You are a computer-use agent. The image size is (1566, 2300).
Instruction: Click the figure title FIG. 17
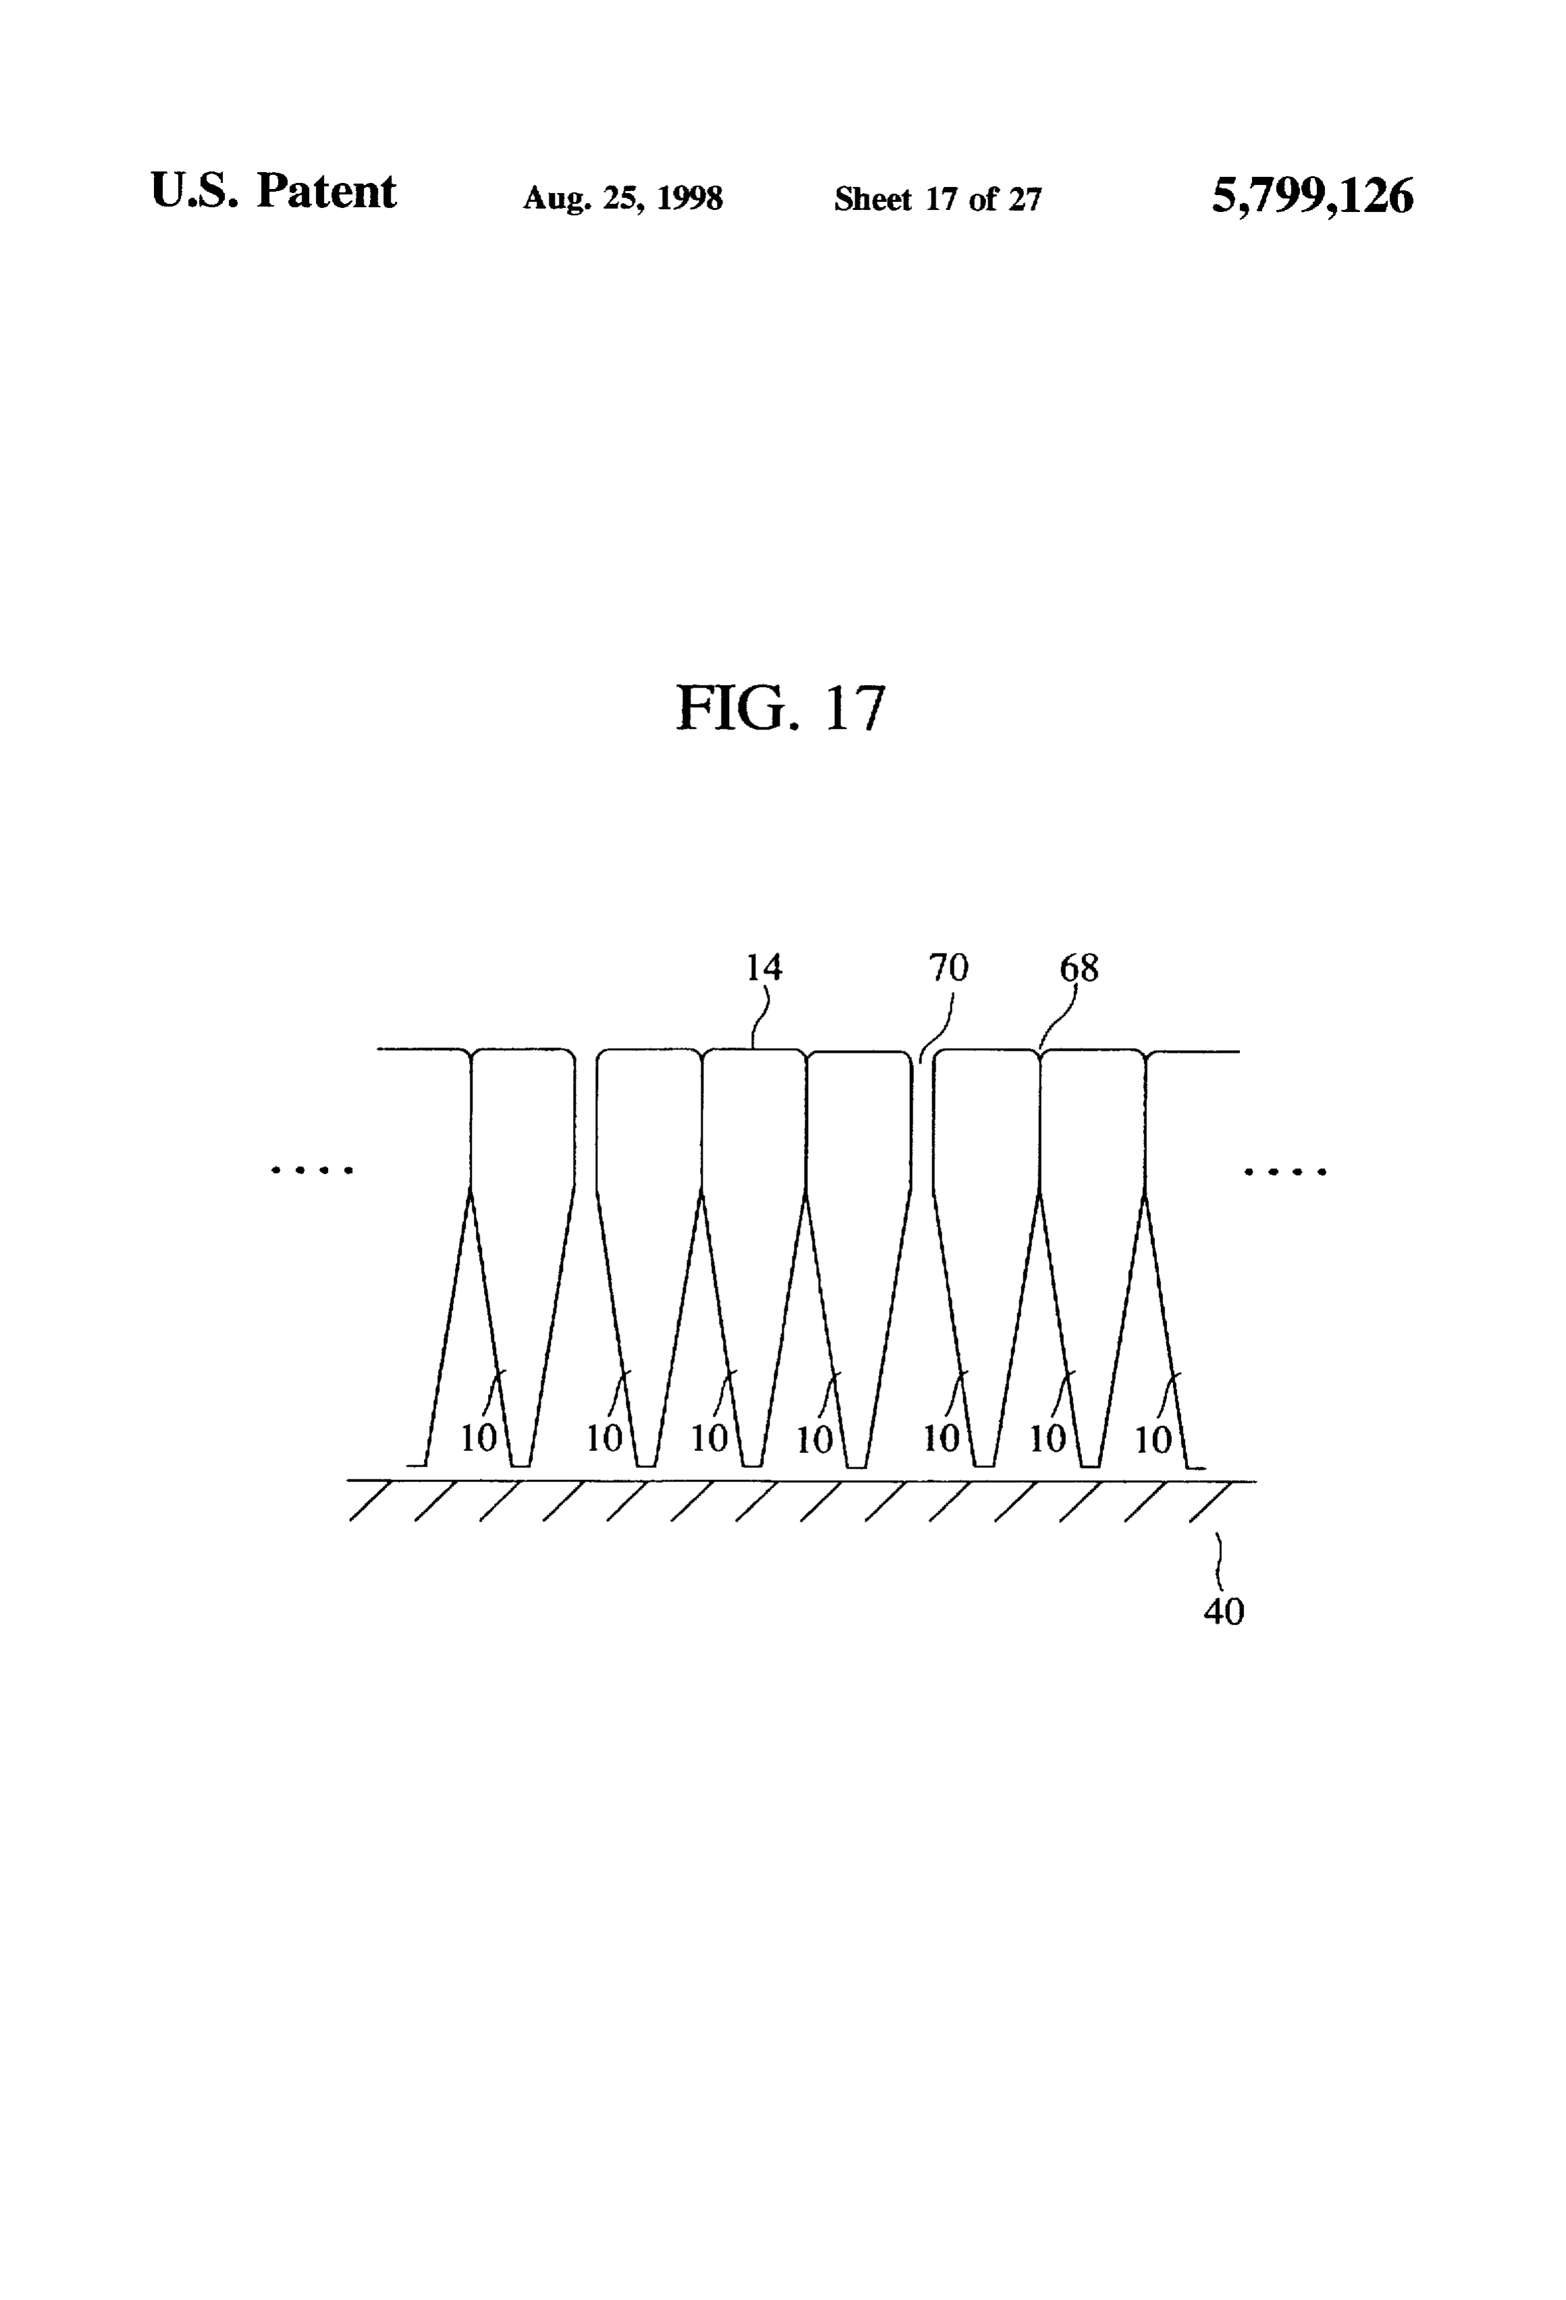coord(780,709)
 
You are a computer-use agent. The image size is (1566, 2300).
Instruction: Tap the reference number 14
coord(763,967)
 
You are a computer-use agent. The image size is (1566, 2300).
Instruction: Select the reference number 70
coord(948,967)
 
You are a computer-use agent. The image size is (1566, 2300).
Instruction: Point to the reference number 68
coord(1079,967)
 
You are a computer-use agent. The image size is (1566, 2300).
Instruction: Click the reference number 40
coord(1224,1611)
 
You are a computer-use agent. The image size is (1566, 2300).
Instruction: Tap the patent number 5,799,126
coord(1313,195)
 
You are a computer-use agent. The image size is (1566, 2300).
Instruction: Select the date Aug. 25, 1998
coord(622,199)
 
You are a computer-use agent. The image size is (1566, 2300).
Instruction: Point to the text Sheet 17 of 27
coord(938,199)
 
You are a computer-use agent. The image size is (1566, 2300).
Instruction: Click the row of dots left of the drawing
coord(313,1170)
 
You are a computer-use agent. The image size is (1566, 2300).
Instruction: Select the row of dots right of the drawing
coord(1285,1171)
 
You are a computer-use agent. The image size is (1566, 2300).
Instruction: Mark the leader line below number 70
coord(936,1026)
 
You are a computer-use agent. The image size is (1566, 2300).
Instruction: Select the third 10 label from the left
coord(709,1438)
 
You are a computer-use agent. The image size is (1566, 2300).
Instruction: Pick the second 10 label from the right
coord(1048,1438)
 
